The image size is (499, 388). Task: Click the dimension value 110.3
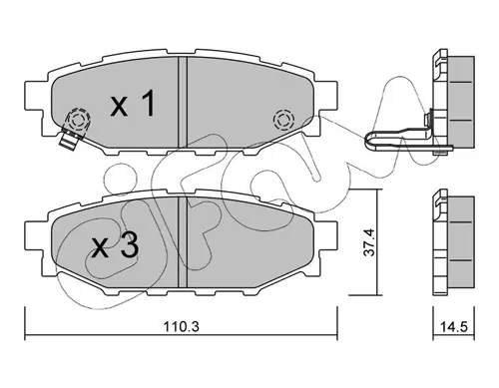(x=181, y=327)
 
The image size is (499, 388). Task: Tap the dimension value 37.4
(x=368, y=242)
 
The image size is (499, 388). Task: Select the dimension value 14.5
(x=454, y=327)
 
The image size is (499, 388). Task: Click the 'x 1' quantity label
(x=133, y=104)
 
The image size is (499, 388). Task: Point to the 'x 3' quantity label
(x=115, y=246)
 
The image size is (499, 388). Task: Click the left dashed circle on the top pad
(x=78, y=120)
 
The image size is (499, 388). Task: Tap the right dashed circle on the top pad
(x=283, y=120)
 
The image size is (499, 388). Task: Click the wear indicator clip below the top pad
(x=70, y=140)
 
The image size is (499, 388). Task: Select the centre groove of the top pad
(x=183, y=102)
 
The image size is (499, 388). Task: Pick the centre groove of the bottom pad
(x=183, y=241)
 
